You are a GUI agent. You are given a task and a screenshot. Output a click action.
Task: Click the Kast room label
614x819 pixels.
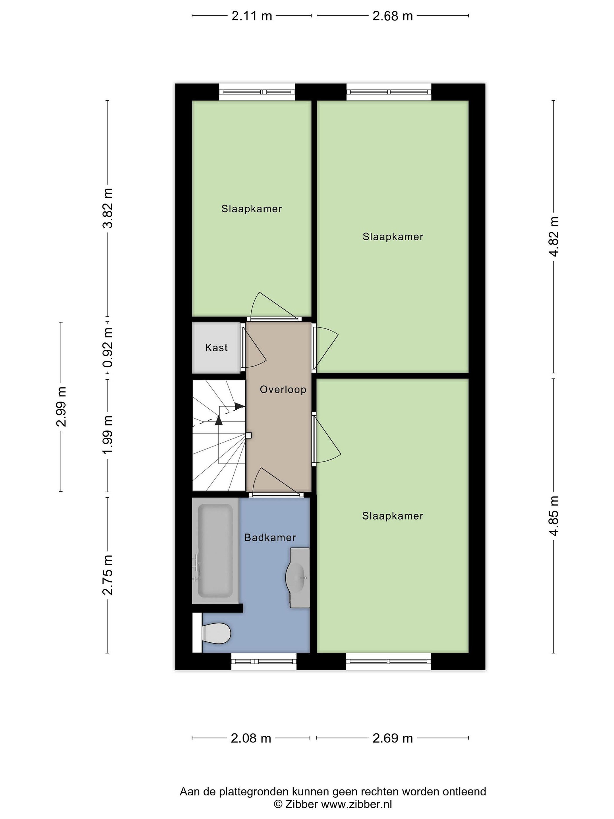(x=216, y=348)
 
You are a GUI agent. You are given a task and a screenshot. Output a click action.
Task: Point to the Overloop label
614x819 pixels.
(x=283, y=390)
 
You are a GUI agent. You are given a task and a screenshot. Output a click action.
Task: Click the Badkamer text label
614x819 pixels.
(x=270, y=537)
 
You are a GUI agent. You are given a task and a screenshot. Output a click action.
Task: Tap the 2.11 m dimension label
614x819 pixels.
(x=252, y=16)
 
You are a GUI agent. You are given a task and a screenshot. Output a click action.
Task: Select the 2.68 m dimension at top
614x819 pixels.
(x=392, y=16)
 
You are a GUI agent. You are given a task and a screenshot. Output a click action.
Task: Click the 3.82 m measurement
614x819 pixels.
(x=108, y=208)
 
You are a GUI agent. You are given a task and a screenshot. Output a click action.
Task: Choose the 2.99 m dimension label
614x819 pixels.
(x=61, y=407)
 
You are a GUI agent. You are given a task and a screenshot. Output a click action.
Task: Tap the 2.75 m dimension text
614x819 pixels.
(x=108, y=575)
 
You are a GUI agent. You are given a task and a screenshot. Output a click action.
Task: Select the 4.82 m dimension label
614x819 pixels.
(x=554, y=237)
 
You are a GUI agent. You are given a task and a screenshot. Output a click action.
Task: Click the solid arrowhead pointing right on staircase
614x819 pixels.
(x=240, y=406)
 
